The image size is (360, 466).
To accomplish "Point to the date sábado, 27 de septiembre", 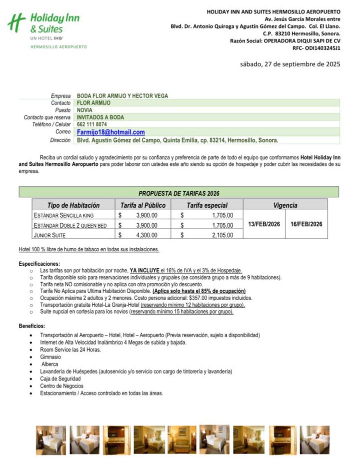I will pos(290,64).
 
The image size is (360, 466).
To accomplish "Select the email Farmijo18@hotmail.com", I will pos(111,132).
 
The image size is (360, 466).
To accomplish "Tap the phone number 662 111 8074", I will pos(92,124).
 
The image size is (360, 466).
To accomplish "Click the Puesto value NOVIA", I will pos(85,110).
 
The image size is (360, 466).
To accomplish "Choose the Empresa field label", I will pos(60,96).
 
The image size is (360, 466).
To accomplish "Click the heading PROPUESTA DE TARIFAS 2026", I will pos(178,193).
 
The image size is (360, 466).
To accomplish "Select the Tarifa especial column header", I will pos(207,205).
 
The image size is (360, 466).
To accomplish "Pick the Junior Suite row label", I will pos(49,235).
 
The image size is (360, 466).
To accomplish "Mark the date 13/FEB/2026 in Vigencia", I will pos(264,224).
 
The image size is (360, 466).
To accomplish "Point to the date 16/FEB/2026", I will pos(306,224).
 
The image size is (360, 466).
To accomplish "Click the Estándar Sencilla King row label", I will pos(63,215).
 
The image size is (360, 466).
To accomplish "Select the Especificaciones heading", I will pos(39,264).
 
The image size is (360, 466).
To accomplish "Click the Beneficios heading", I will pos(32,326).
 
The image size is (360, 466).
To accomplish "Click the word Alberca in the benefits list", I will pos(51,364).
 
